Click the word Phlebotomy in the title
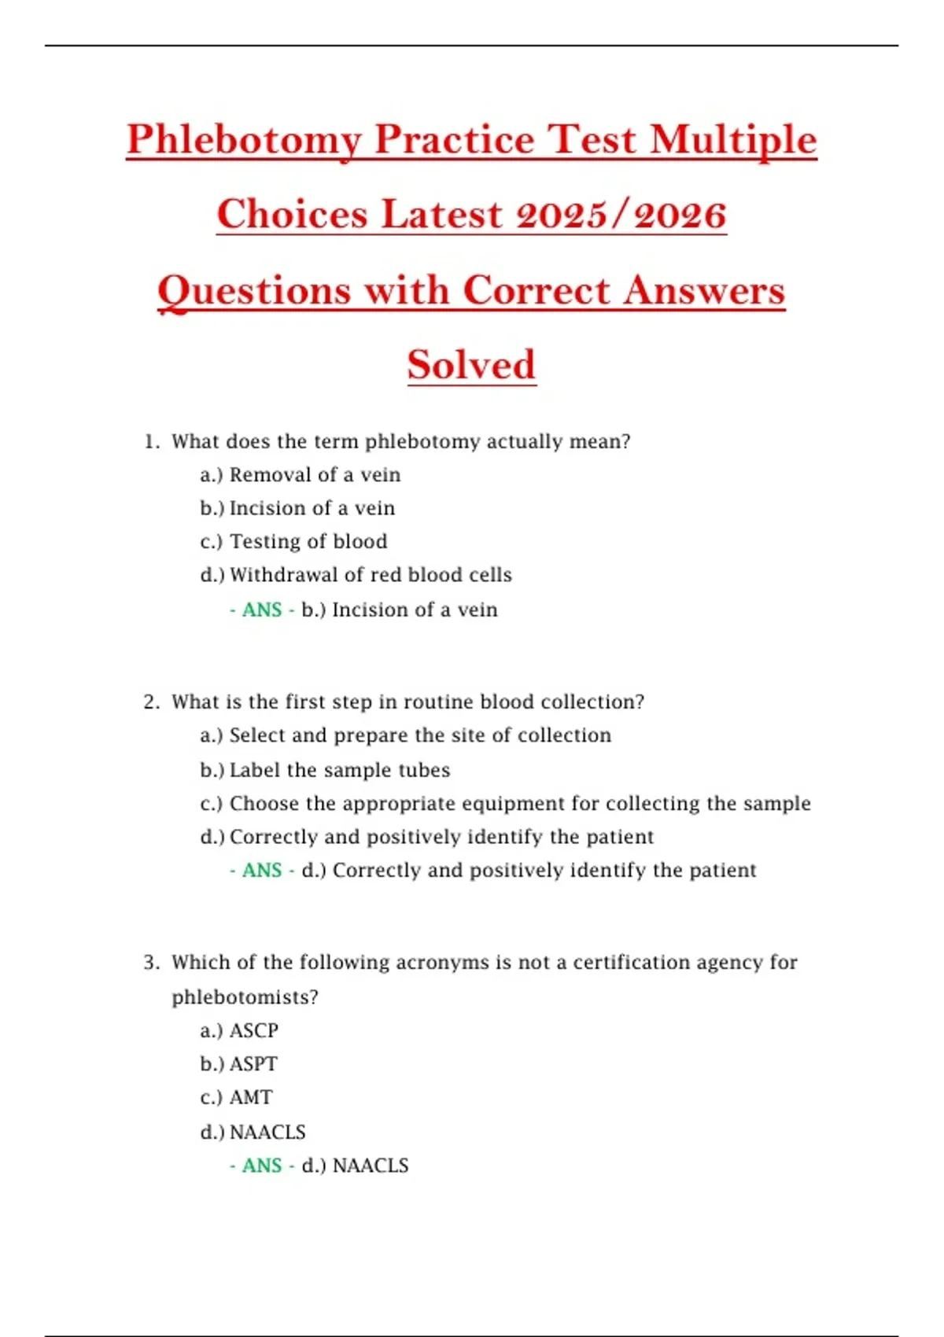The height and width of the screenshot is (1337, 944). pos(244,140)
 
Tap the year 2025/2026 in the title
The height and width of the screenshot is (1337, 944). pos(621,215)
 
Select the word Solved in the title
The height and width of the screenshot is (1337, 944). pos(471,365)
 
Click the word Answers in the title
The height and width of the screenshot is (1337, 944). pos(705,290)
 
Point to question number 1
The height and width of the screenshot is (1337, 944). pos(152,442)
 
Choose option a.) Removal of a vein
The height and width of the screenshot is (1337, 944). pos(300,475)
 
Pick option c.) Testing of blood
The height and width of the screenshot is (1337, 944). pos(293,542)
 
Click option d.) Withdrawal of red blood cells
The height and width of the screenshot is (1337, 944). pos(356,575)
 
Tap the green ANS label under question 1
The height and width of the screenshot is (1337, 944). pos(262,610)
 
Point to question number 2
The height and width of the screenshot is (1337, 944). pos(152,702)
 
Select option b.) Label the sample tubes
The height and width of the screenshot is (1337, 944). pos(325,770)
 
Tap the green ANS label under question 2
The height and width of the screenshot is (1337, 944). pos(262,871)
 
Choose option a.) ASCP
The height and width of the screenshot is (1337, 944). pos(239,1030)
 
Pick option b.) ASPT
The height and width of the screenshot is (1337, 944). pos(238,1064)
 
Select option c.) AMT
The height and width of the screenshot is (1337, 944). pos(236,1097)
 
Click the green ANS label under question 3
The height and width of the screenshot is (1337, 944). pos(262,1166)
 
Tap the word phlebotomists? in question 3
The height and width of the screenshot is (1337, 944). pos(245,997)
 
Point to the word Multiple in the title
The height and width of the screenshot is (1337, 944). pos(733,140)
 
